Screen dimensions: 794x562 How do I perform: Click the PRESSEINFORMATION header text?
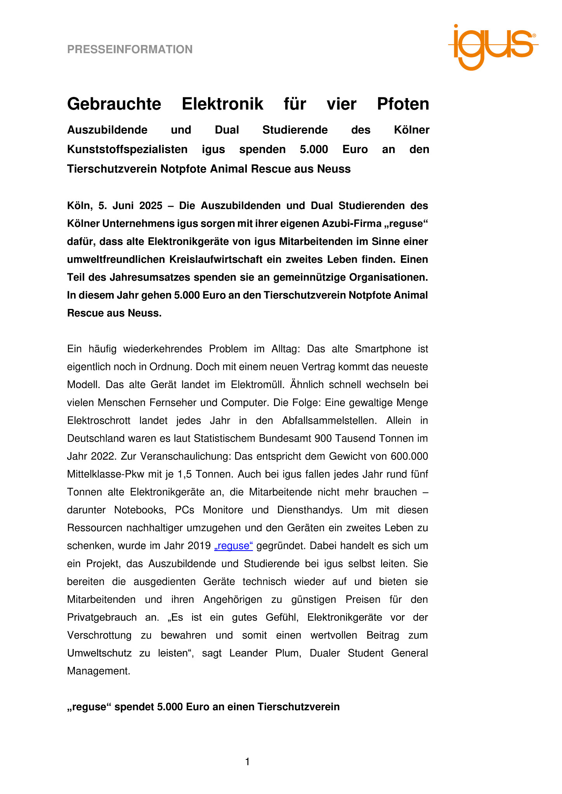pyautogui.click(x=130, y=50)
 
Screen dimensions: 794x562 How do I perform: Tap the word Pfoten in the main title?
pyautogui.click(x=403, y=104)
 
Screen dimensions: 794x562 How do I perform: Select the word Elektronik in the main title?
pyautogui.click(x=222, y=104)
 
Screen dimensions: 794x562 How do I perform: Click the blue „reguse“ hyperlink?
pyautogui.click(x=234, y=546)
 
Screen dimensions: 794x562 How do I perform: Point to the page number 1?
pyautogui.click(x=248, y=762)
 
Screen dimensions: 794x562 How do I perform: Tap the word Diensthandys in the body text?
pyautogui.click(x=310, y=510)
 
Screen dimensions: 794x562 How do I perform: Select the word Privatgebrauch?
pyautogui.click(x=102, y=617)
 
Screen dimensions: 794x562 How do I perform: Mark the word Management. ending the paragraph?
pyautogui.click(x=99, y=671)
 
